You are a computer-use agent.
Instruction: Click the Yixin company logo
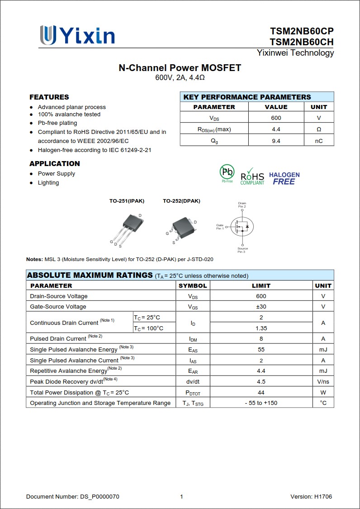pyautogui.click(x=77, y=35)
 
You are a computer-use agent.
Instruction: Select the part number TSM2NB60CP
pyautogui.click(x=302, y=31)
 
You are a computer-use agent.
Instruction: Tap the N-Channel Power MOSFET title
pyautogui.click(x=180, y=68)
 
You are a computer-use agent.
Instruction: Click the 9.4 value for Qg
pyautogui.click(x=276, y=141)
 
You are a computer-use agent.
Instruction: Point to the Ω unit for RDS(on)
pyautogui.click(x=319, y=129)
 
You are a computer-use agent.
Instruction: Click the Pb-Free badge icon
pyautogui.click(x=227, y=173)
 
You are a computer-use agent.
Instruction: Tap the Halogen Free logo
pyautogui.click(x=284, y=178)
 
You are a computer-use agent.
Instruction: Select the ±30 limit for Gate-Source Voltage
pyautogui.click(x=261, y=307)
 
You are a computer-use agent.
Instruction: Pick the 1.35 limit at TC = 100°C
pyautogui.click(x=261, y=328)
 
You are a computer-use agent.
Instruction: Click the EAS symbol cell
pyautogui.click(x=193, y=350)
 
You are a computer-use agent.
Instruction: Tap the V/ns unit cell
pyautogui.click(x=323, y=382)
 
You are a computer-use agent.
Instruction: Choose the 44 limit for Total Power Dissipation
pyautogui.click(x=261, y=393)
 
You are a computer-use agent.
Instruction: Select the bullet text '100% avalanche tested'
pyautogui.click(x=69, y=114)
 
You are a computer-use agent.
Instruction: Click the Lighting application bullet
pyautogui.click(x=48, y=183)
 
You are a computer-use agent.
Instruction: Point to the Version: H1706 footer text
pyautogui.click(x=311, y=497)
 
